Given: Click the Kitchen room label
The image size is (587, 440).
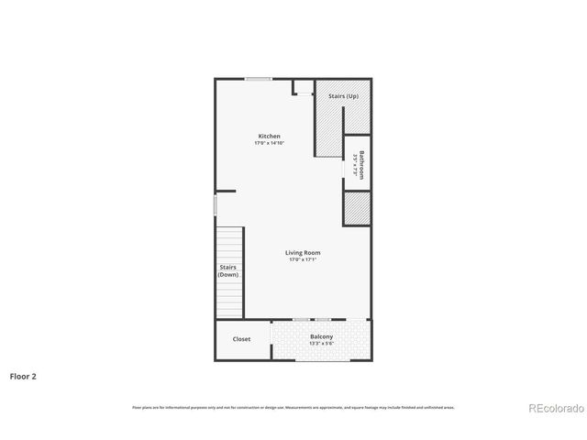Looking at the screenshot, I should point(269,137).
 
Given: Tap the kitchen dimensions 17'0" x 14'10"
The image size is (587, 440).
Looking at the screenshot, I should point(269,143).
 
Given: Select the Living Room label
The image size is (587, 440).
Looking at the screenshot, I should point(303,253).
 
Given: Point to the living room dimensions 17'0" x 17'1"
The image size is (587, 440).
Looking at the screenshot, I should point(303,260).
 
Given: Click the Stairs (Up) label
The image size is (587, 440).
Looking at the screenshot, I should point(343,95).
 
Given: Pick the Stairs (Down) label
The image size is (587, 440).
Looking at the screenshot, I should point(228,271).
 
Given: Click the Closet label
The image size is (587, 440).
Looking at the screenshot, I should point(241,339).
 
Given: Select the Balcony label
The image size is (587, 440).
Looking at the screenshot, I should point(321,337).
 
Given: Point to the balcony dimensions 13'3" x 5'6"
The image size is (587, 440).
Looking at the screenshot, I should point(321,344).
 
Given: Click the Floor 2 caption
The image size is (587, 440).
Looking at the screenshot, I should point(23,376).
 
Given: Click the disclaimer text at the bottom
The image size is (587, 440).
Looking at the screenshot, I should point(293,407).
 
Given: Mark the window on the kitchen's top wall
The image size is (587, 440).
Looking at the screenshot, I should point(258,80).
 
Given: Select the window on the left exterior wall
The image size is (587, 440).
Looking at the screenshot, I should point(216,206).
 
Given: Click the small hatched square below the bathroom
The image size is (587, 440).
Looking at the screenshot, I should point(356,209).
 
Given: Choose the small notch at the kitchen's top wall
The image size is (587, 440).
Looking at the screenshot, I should point(303,88).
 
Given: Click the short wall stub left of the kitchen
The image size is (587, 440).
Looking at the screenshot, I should point(226,192).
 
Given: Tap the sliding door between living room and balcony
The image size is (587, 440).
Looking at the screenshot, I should point(312,319).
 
